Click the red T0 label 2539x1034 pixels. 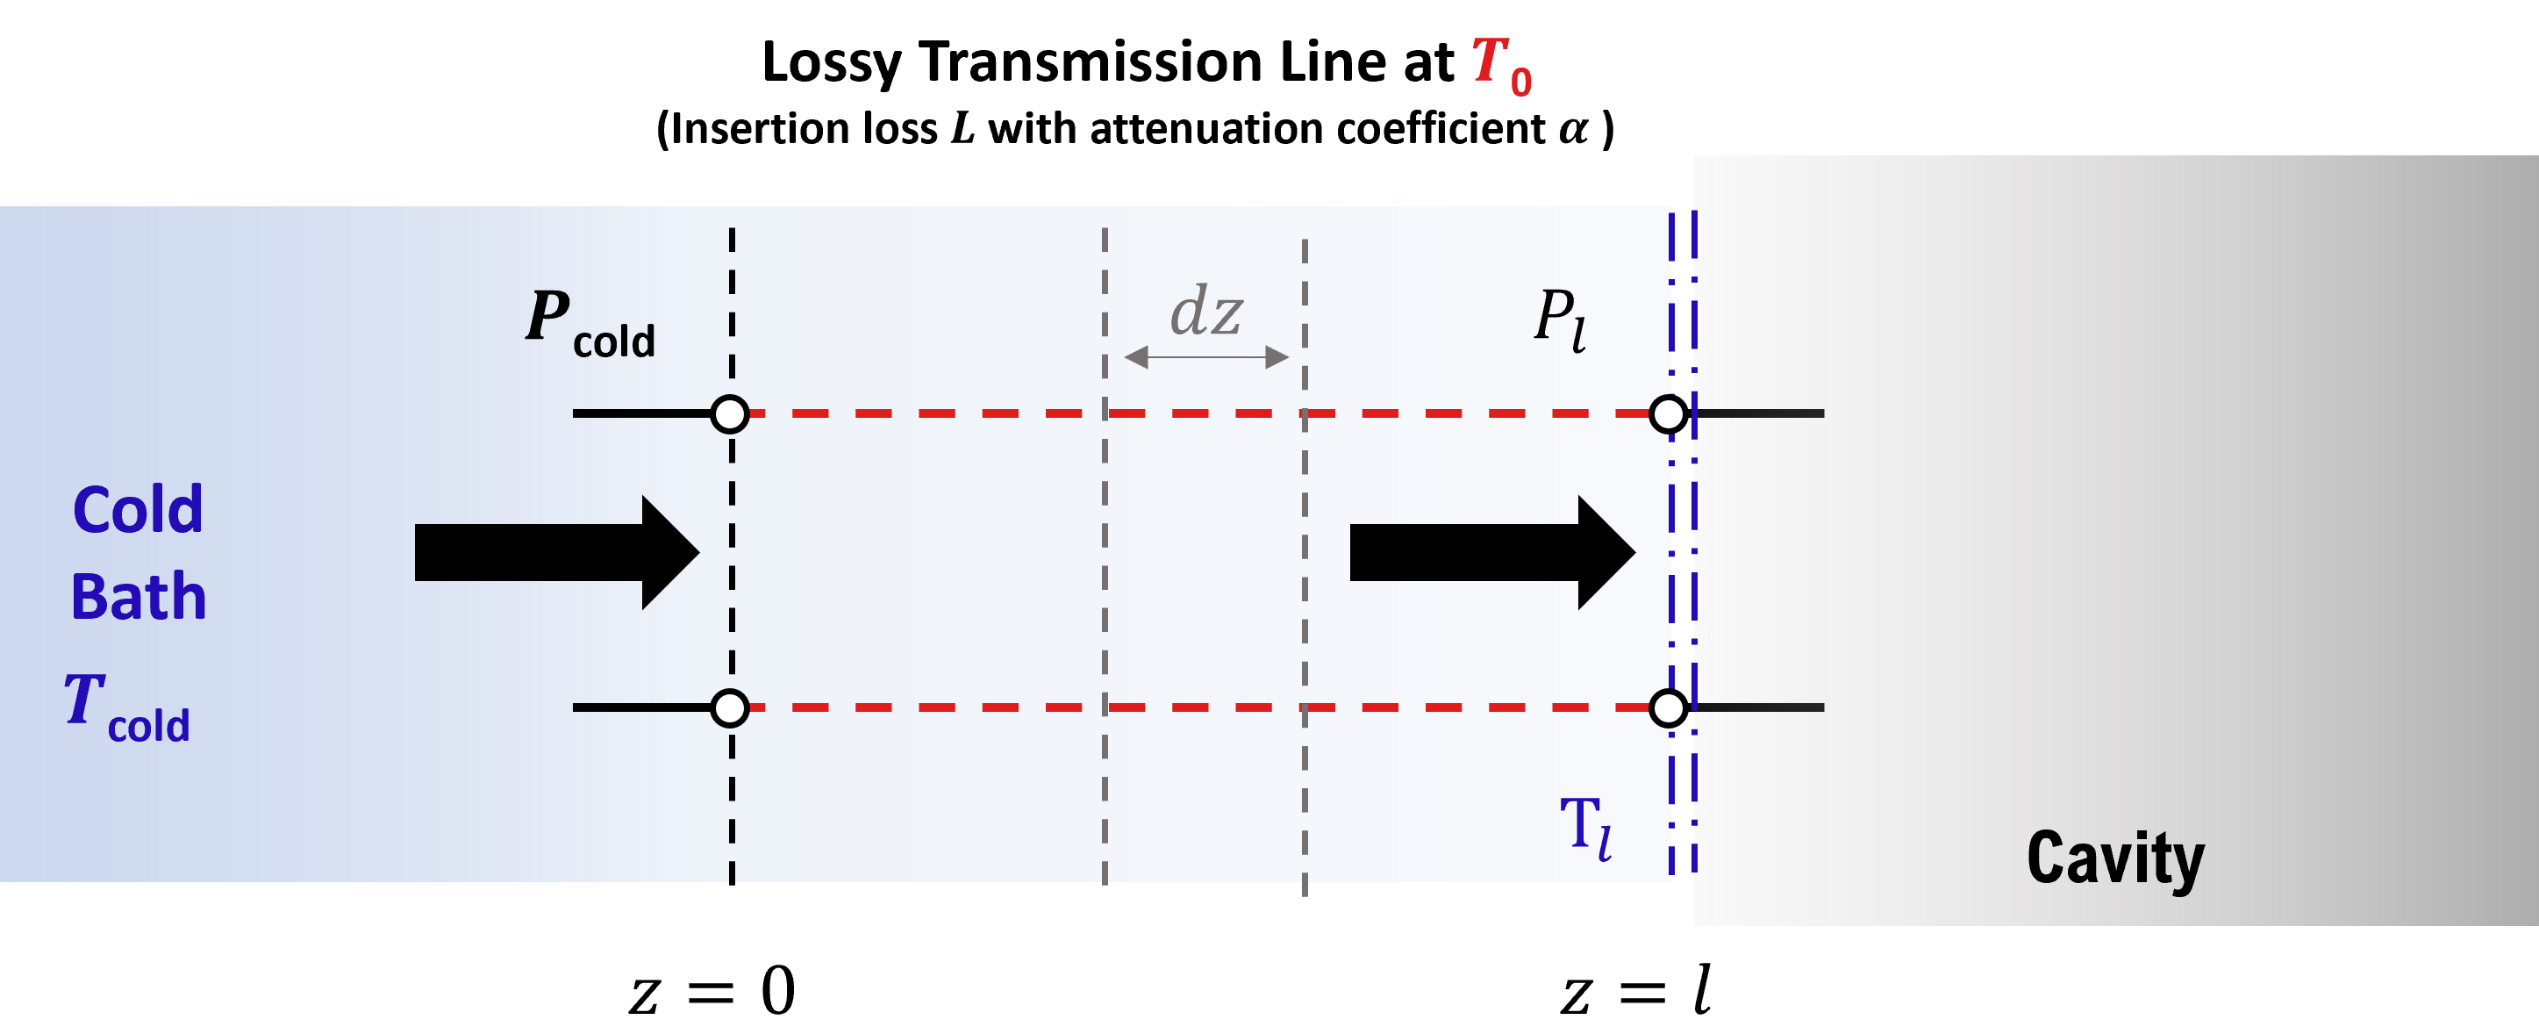1500,66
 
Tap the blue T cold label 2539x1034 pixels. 127,707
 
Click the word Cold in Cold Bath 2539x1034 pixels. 138,510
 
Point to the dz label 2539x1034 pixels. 1205,312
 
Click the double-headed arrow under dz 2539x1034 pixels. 1205,357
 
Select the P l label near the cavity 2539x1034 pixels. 1560,319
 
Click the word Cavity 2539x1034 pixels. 2115,858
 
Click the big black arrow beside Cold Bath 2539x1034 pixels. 557,553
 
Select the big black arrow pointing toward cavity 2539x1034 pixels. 1492,553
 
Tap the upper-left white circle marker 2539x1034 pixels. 729,414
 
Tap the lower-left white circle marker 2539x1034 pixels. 729,707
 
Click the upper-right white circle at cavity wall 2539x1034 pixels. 1667,414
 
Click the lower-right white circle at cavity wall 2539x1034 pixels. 1667,707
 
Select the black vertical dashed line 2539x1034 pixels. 732,552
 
